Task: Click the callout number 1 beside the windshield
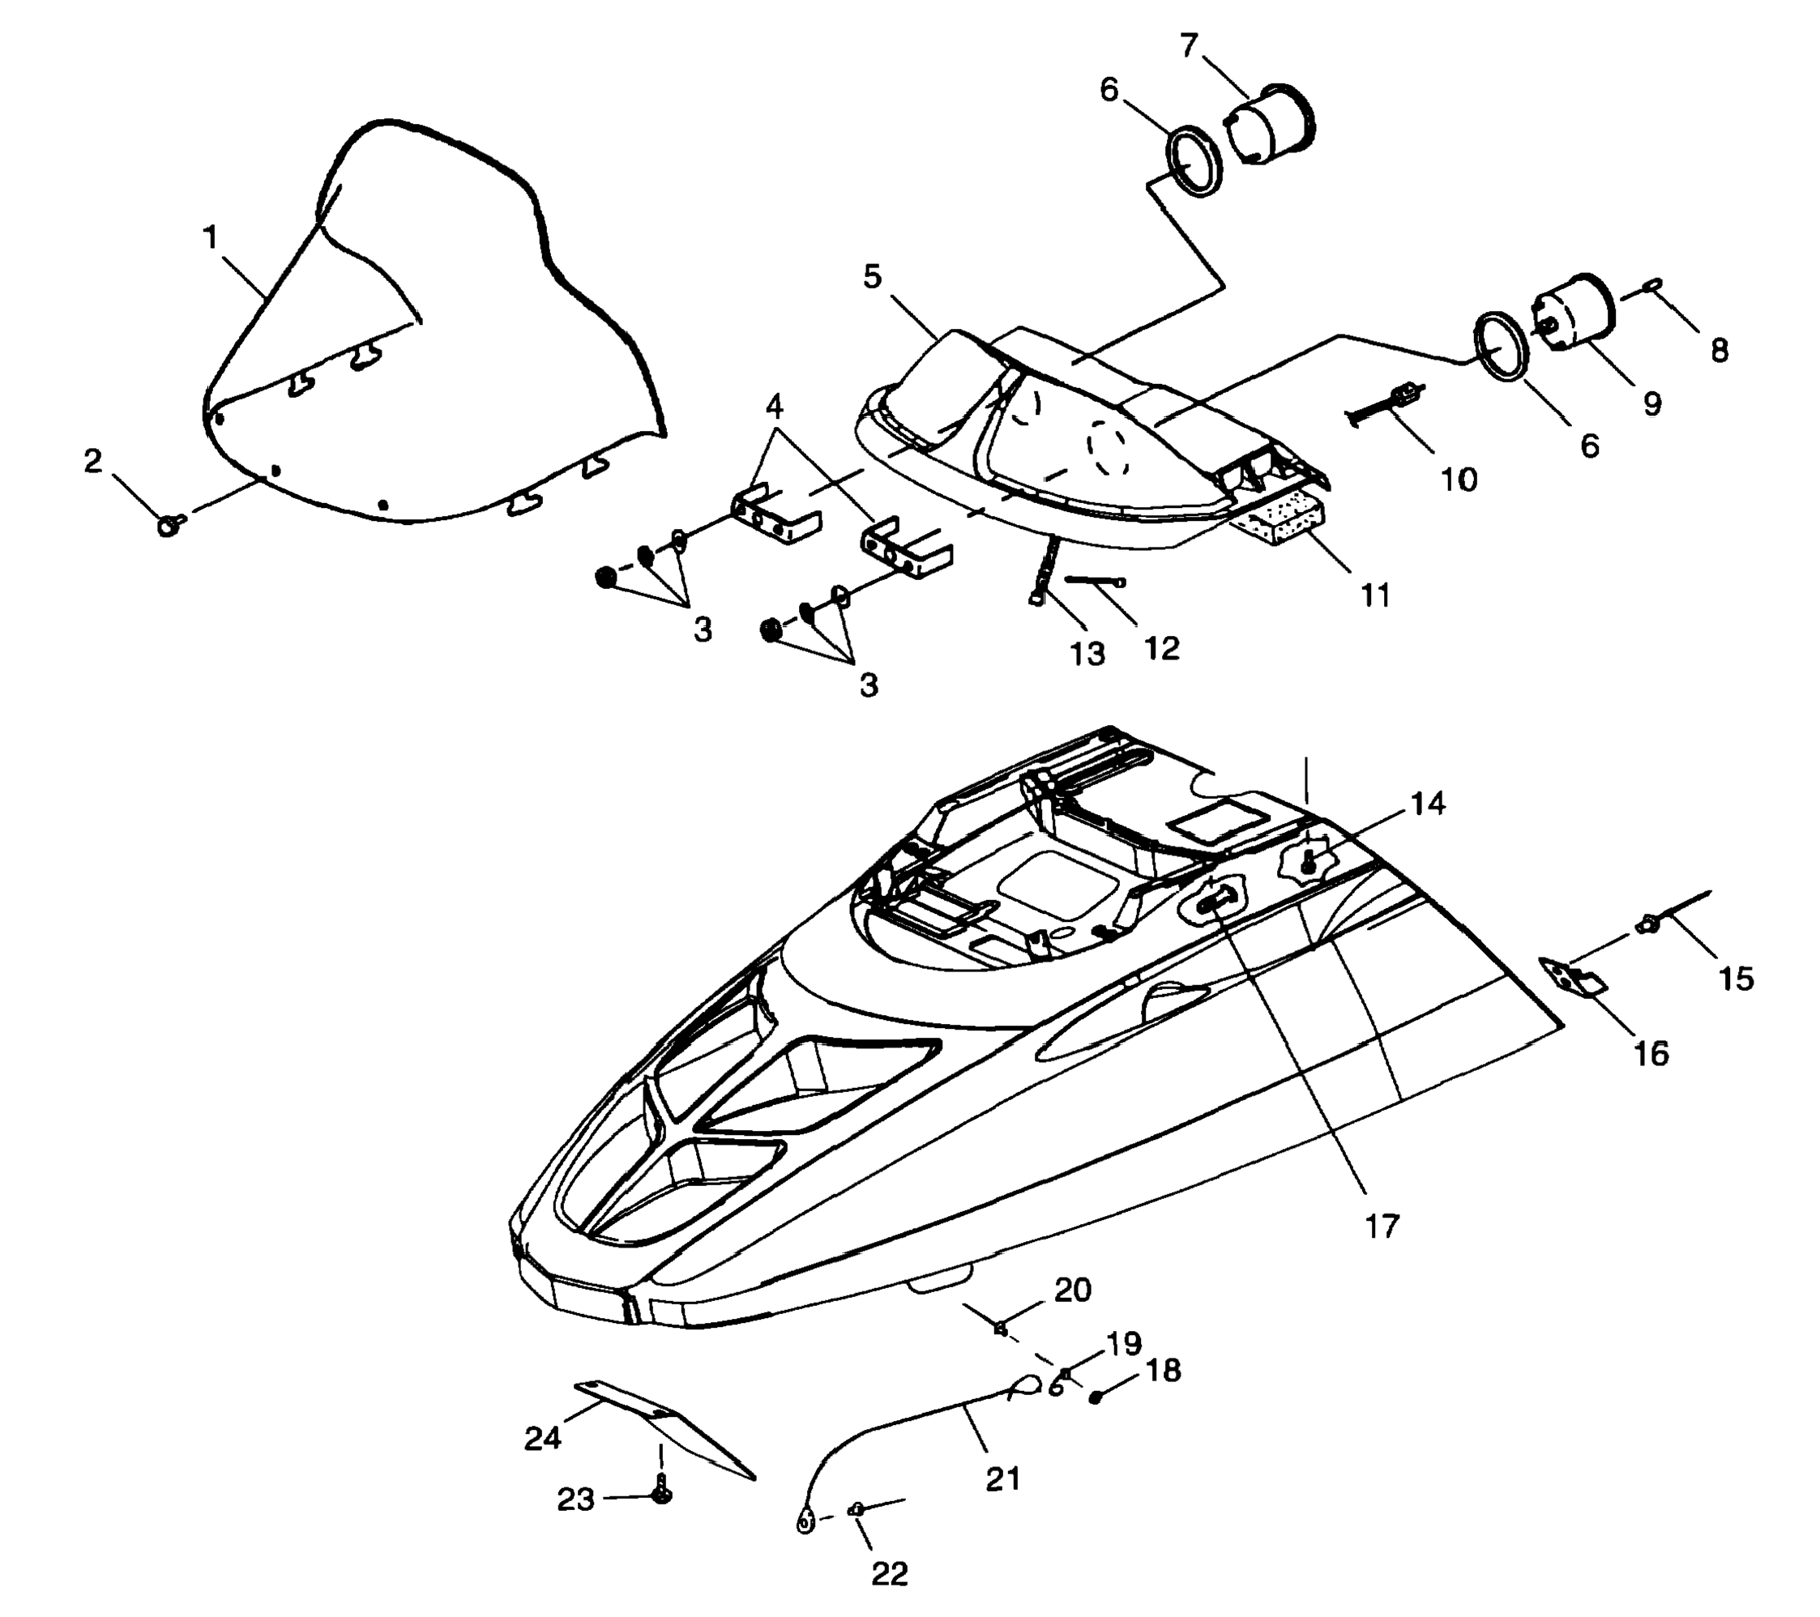click(210, 237)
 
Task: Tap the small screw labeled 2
click(169, 525)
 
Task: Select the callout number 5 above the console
click(872, 277)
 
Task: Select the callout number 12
click(1161, 648)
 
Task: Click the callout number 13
click(1087, 655)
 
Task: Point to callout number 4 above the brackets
click(774, 407)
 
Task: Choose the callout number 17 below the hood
click(1382, 1226)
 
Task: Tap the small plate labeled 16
click(1574, 978)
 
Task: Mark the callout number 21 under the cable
click(1002, 1479)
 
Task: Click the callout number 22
click(889, 1574)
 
